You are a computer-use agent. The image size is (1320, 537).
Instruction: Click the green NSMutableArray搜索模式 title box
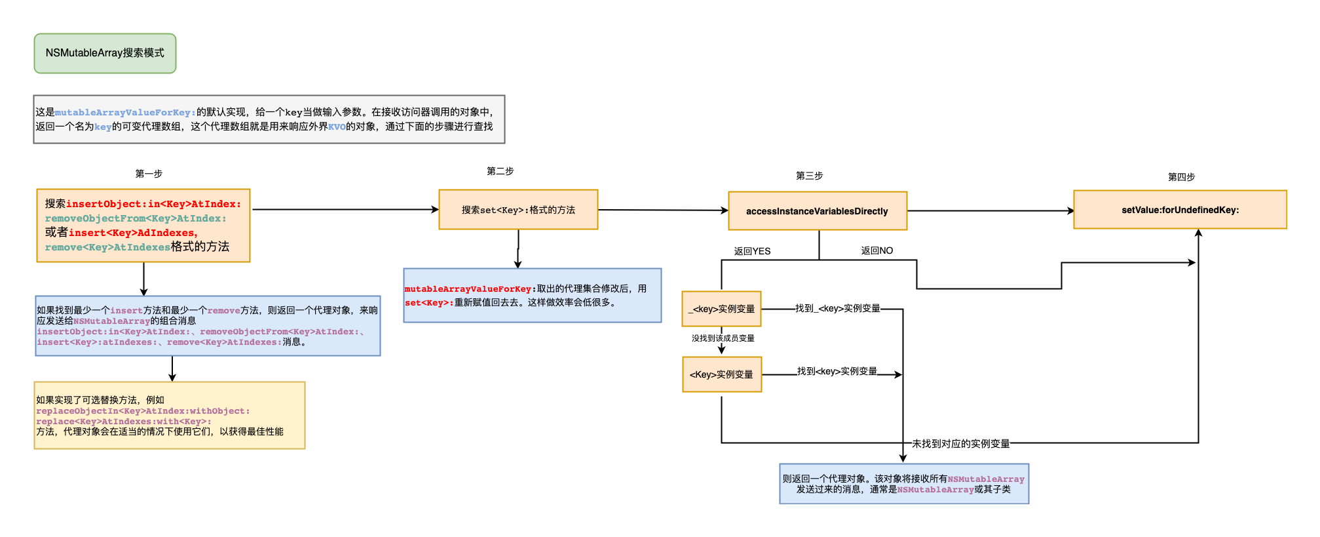click(105, 53)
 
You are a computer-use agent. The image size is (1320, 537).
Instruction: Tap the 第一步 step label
click(149, 174)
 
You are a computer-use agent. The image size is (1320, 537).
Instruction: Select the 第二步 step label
click(500, 171)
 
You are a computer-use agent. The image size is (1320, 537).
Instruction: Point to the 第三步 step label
click(809, 176)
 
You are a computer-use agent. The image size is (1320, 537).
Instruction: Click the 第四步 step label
click(1181, 177)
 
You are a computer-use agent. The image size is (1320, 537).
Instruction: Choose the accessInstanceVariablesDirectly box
click(817, 211)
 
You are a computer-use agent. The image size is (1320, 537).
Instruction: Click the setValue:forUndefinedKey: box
click(1180, 210)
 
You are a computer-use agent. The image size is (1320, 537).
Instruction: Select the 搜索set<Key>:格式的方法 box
click(518, 210)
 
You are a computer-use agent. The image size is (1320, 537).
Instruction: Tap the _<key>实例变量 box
click(721, 309)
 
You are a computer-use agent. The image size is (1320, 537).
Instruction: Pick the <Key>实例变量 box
click(721, 374)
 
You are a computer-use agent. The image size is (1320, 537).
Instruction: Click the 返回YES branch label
click(752, 251)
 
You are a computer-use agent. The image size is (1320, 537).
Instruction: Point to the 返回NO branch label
click(877, 250)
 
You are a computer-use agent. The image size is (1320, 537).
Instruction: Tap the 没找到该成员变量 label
click(723, 338)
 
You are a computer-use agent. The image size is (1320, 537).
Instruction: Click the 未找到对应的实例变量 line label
click(960, 444)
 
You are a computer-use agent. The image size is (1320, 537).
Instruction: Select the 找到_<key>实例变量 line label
click(837, 308)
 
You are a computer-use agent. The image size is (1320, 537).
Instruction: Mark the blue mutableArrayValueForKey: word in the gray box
click(125, 113)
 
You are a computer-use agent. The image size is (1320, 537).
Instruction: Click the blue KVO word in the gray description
click(337, 127)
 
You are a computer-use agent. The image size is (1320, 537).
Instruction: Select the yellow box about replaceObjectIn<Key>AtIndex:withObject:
click(169, 416)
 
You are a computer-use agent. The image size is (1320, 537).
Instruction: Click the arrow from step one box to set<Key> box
click(345, 210)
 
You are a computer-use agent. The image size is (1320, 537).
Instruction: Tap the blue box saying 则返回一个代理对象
click(903, 484)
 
